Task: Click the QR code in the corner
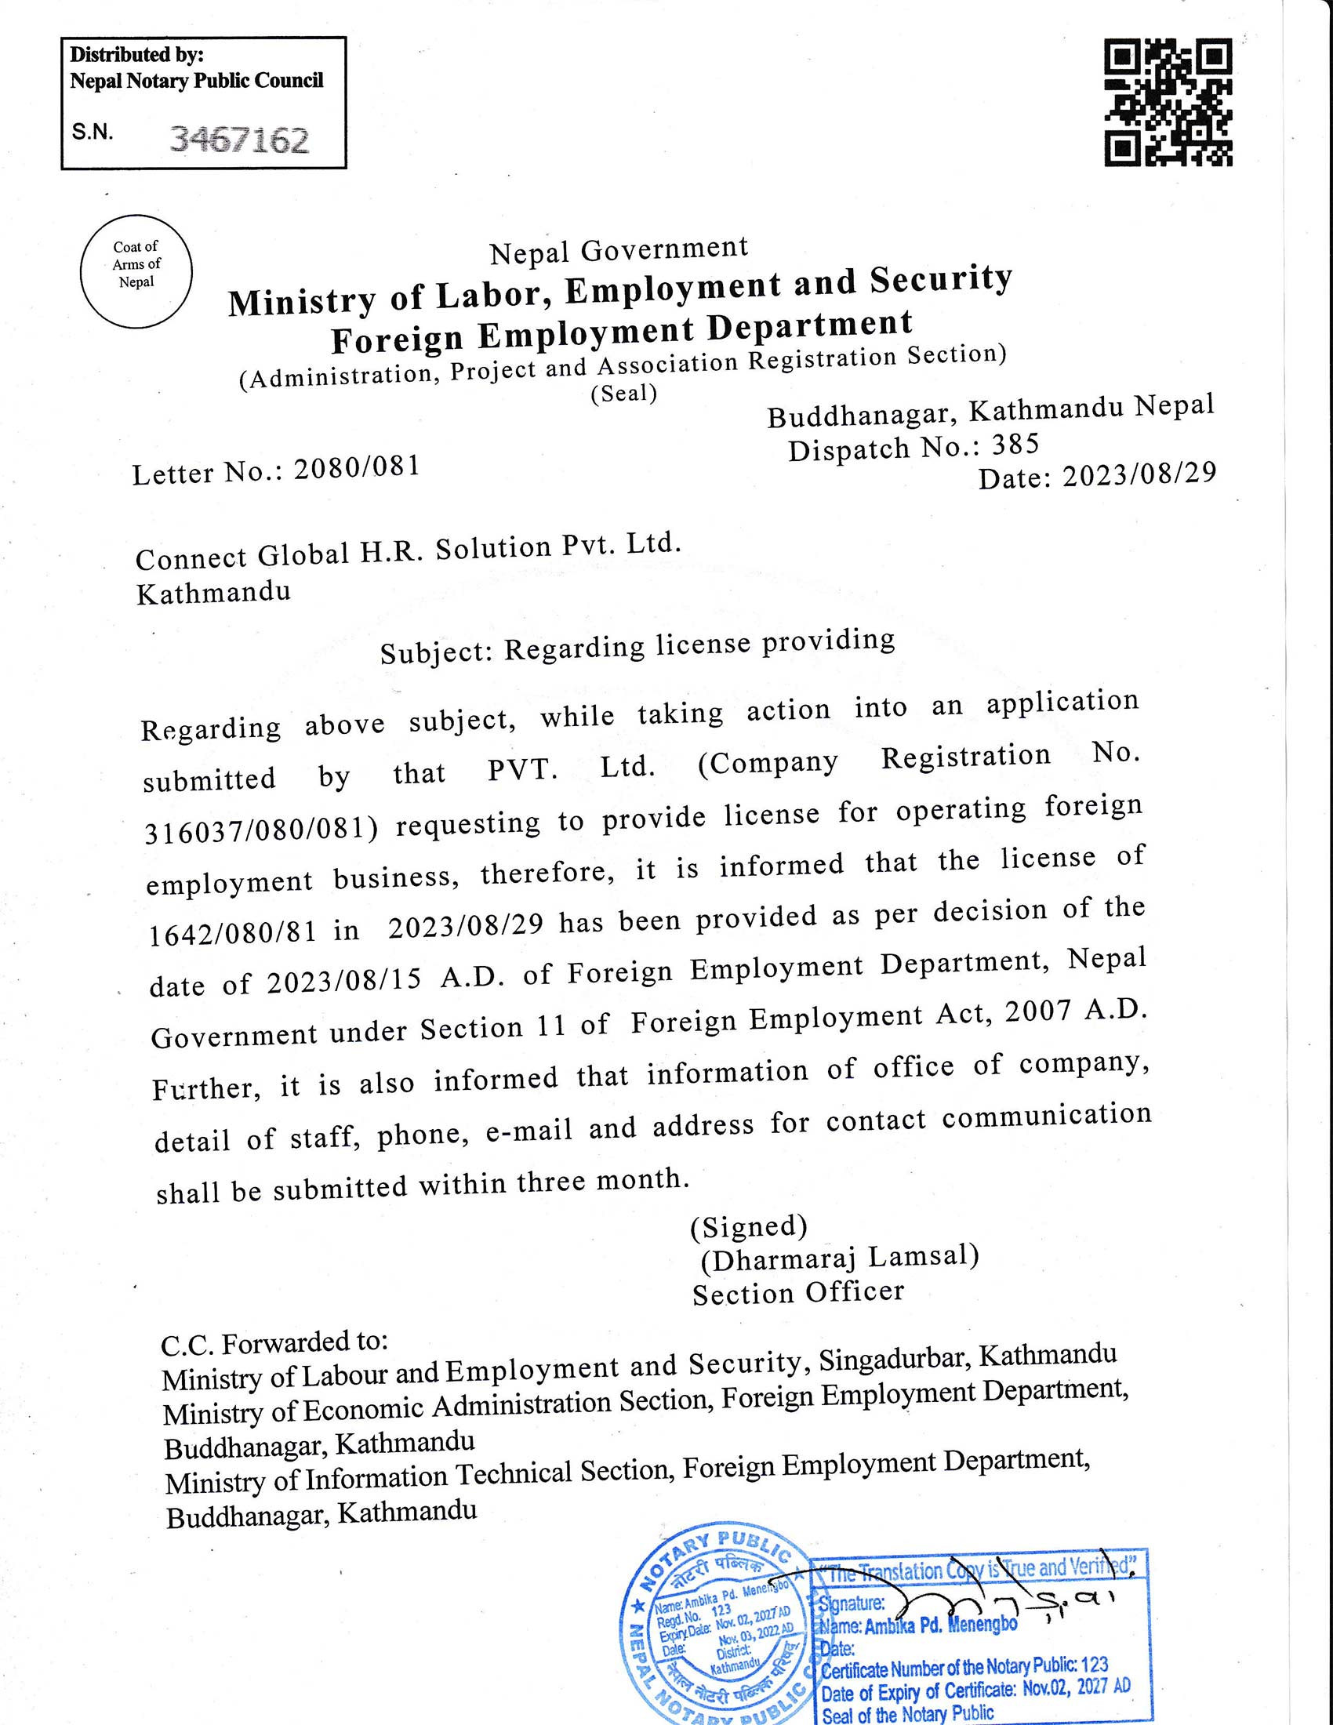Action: (1168, 104)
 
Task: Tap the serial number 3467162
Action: (239, 140)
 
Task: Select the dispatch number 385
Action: (1015, 445)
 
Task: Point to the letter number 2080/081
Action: (356, 468)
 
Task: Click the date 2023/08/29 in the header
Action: (1139, 474)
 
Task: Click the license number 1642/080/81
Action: (233, 932)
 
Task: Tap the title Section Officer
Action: (797, 1293)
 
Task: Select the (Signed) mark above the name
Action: (749, 1226)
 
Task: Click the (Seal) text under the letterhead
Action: (624, 394)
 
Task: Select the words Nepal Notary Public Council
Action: (197, 81)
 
